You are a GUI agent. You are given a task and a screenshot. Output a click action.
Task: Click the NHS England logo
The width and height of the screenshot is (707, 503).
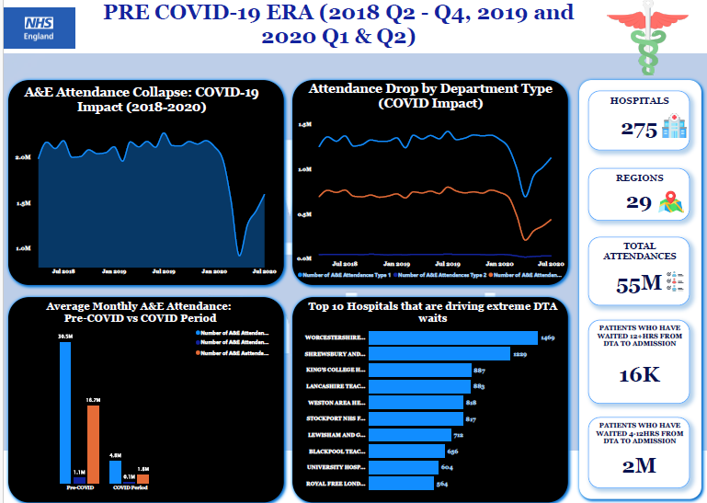point(40,29)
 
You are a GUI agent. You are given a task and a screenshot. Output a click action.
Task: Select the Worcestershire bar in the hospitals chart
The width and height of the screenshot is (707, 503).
point(451,337)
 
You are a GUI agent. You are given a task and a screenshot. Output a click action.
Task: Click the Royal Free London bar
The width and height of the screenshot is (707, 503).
point(400,483)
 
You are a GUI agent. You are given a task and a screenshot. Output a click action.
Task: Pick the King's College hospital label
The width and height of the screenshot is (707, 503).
point(335,370)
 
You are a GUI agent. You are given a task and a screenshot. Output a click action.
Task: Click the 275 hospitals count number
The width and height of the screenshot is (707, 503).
point(638,130)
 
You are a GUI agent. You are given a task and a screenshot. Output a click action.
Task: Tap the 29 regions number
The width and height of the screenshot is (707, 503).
point(639,202)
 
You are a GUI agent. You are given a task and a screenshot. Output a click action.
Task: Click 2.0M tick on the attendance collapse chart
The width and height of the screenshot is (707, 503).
point(24,158)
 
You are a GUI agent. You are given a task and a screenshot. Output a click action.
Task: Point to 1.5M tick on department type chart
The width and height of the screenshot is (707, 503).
point(304,123)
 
